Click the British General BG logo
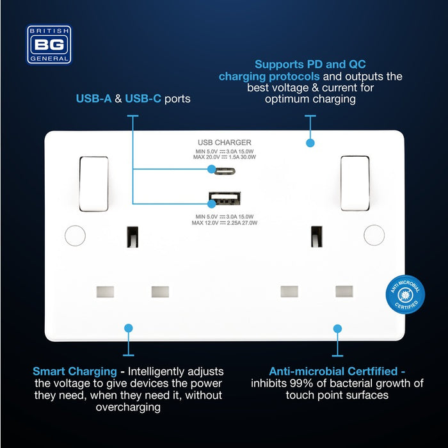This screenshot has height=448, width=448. click(49, 45)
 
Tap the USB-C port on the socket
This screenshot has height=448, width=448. click(225, 171)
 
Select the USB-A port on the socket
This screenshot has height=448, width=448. click(225, 198)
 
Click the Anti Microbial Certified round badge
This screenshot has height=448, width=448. click(405, 294)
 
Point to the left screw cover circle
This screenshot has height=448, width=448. click(75, 236)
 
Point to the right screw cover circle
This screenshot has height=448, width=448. click(374, 235)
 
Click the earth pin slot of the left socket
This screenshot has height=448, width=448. click(132, 237)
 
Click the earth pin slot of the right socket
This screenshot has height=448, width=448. click(317, 237)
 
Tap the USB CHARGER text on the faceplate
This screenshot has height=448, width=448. click(225, 142)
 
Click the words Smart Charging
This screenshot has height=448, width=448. click(75, 371)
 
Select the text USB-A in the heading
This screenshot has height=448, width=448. click(93, 99)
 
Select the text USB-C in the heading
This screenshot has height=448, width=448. click(143, 99)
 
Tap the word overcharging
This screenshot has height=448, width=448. click(128, 408)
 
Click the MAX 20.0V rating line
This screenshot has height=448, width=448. click(225, 157)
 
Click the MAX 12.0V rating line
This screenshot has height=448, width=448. click(225, 223)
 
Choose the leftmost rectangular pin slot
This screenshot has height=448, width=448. click(105, 292)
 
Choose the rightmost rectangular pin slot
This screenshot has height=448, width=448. click(344, 291)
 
